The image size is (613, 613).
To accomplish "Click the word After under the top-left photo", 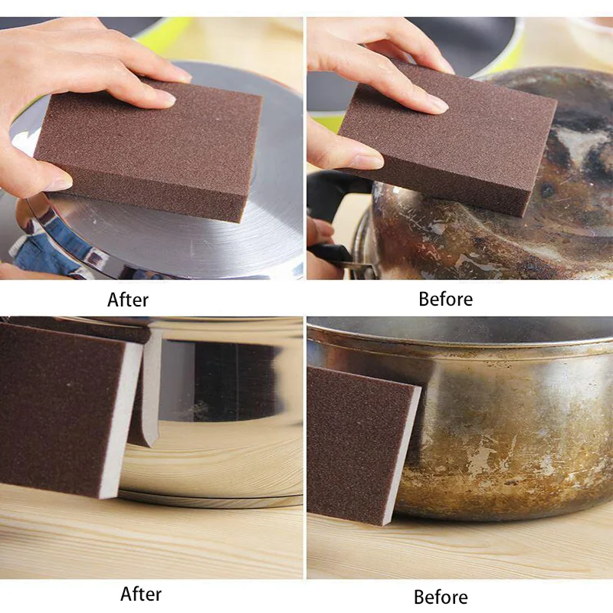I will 128,299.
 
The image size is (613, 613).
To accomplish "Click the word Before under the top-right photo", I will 445,298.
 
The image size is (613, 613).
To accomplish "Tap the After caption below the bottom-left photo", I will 142,593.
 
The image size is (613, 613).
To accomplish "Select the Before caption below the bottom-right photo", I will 441,596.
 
